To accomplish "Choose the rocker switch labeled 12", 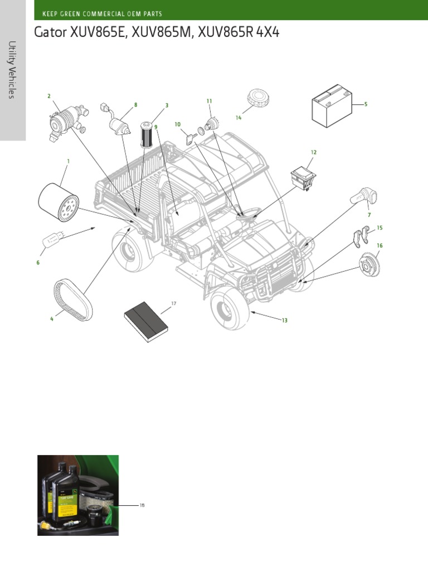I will click(x=304, y=179).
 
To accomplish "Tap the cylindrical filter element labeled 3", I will click(x=147, y=134).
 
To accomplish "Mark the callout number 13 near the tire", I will click(x=284, y=320).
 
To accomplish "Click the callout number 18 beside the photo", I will click(x=142, y=505).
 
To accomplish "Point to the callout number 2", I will click(x=49, y=96).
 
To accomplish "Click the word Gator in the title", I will click(x=51, y=33).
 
